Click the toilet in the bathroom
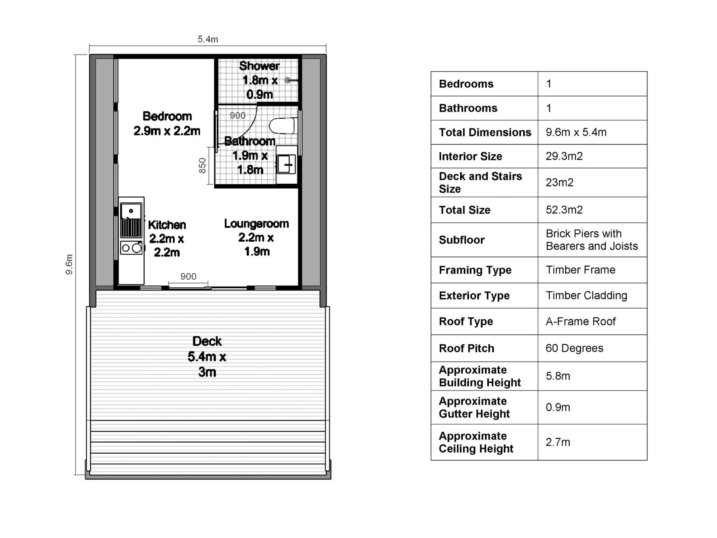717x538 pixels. point(282,126)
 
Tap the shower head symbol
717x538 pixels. point(288,80)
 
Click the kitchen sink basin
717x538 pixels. point(131,211)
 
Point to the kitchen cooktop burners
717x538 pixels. point(131,248)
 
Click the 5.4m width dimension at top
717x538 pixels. point(208,39)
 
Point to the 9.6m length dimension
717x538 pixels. point(69,264)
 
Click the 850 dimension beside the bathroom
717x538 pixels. point(203,166)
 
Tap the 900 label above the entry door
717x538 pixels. point(188,276)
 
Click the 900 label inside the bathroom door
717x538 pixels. point(237,115)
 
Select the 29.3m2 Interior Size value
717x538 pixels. point(564,156)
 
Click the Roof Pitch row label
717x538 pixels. point(466,348)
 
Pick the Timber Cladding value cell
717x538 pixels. point(586,296)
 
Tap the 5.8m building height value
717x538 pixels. point(558,376)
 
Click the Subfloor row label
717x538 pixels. point(462,240)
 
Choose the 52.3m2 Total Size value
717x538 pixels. point(564,210)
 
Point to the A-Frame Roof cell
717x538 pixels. point(580,321)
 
